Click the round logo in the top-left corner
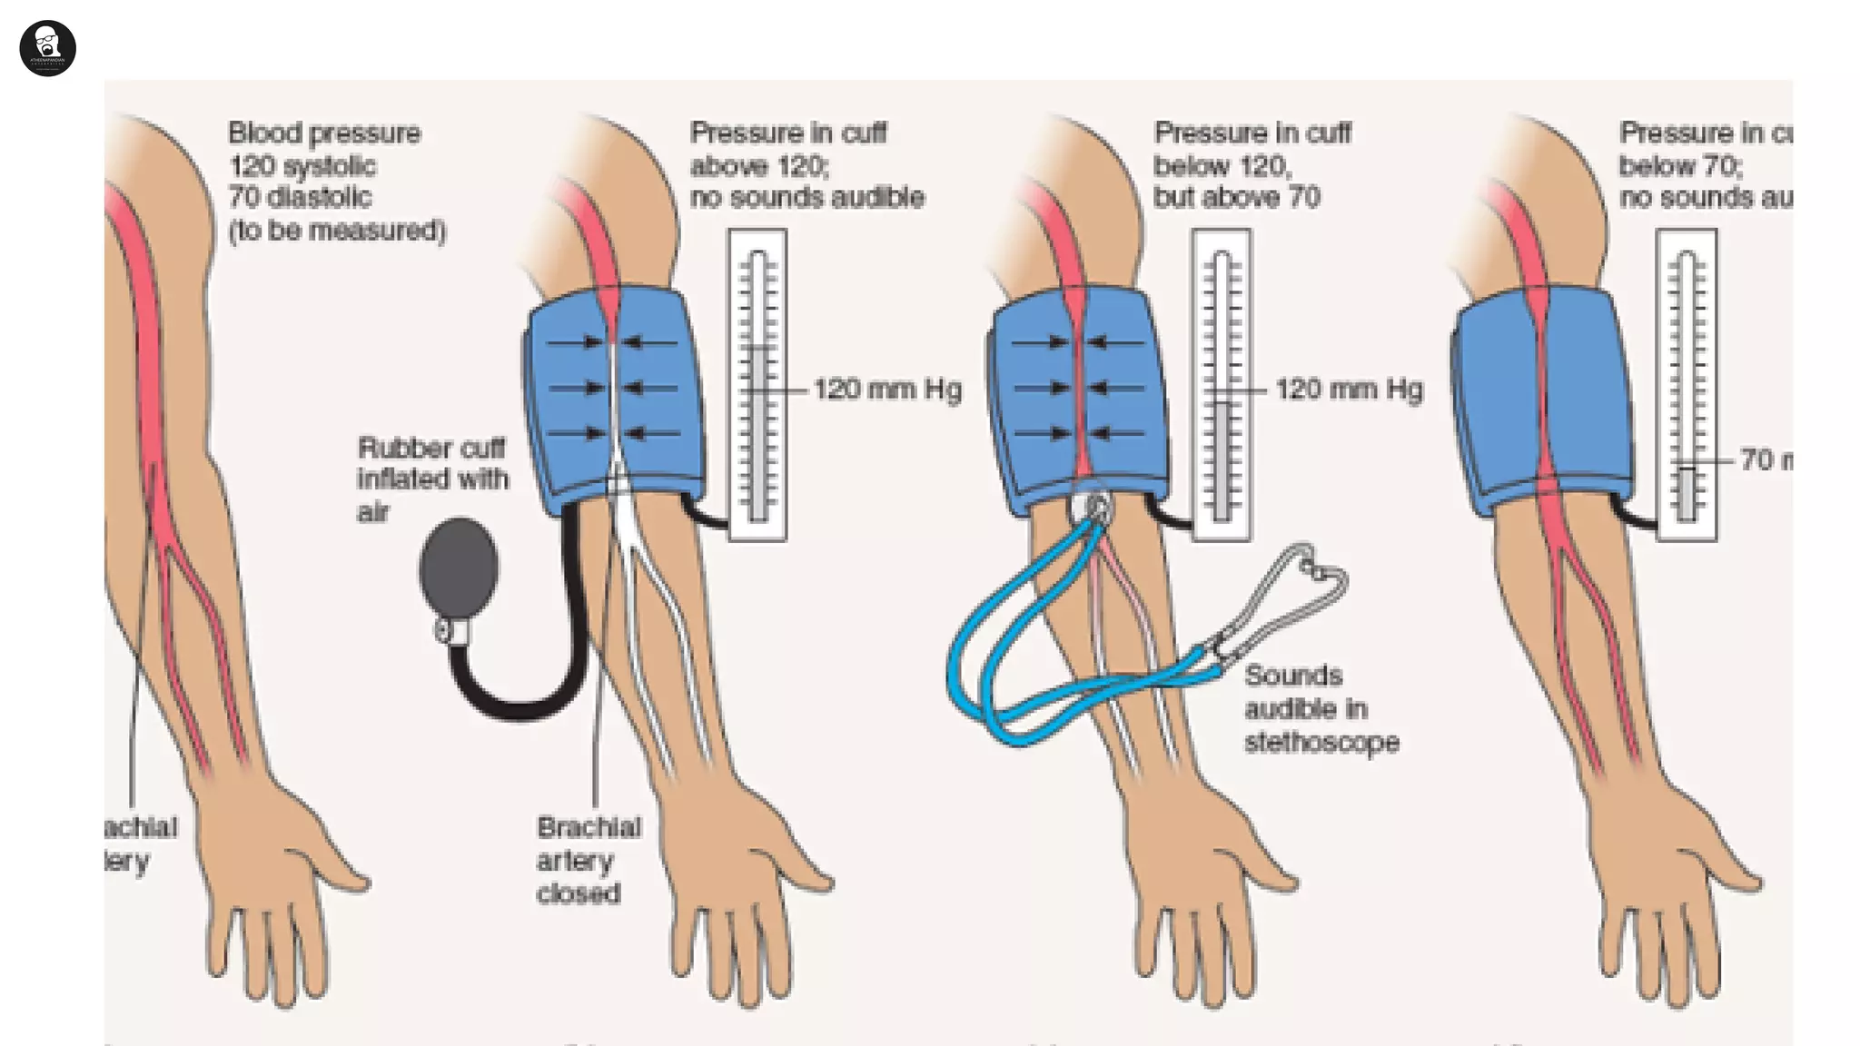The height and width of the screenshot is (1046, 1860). tap(47, 48)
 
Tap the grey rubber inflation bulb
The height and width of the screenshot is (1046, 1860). tap(459, 567)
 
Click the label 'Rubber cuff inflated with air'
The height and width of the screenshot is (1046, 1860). tap(431, 479)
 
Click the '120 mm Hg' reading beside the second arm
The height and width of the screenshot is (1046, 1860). tap(886, 390)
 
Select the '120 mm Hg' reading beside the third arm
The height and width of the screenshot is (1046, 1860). tap(1349, 390)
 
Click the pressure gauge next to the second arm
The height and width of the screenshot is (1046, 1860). tap(757, 385)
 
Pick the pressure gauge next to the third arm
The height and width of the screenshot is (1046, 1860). tap(1221, 385)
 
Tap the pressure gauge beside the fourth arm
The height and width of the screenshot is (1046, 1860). tap(1686, 385)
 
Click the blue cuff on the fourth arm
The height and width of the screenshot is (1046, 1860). tap(1544, 400)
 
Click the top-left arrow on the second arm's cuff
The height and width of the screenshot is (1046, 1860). tap(576, 343)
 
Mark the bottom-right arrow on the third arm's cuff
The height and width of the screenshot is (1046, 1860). tap(1117, 433)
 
